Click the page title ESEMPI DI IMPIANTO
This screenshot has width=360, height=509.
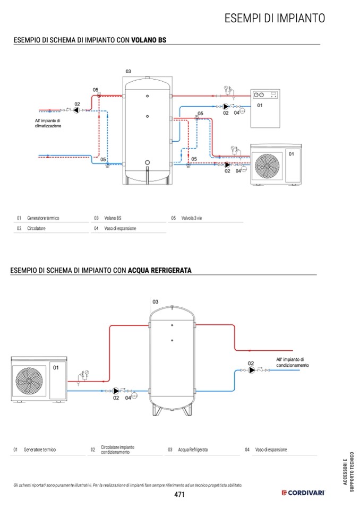pos(275,18)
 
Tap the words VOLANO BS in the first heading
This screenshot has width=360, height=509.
pos(149,40)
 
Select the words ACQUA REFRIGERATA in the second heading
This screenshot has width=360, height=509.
pos(160,270)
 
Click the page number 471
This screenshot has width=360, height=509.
pos(179,494)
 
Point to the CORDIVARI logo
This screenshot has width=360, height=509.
pos(303,493)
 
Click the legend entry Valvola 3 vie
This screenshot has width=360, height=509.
pos(192,218)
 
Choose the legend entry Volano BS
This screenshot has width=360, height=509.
pos(113,218)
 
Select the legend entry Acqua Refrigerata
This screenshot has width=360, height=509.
pos(193,450)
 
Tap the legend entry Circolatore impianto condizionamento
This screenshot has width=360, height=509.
pos(117,450)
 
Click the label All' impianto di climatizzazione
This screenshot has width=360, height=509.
pos(48,123)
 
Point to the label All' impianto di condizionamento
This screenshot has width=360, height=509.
pos(293,363)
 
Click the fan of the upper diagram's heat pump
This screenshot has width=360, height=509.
pos(267,166)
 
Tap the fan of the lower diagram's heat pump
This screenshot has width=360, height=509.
pos(29,381)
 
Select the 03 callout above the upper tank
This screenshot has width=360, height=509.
pos(128,72)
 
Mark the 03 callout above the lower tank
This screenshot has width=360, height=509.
pos(156,301)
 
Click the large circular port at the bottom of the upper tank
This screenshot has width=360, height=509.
pos(148,162)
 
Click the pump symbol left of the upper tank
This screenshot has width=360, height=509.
pos(76,110)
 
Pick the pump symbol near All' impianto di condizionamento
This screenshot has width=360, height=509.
pos(251,370)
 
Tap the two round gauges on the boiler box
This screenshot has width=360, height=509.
pos(259,95)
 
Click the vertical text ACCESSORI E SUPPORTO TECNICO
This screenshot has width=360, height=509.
pos(348,472)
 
